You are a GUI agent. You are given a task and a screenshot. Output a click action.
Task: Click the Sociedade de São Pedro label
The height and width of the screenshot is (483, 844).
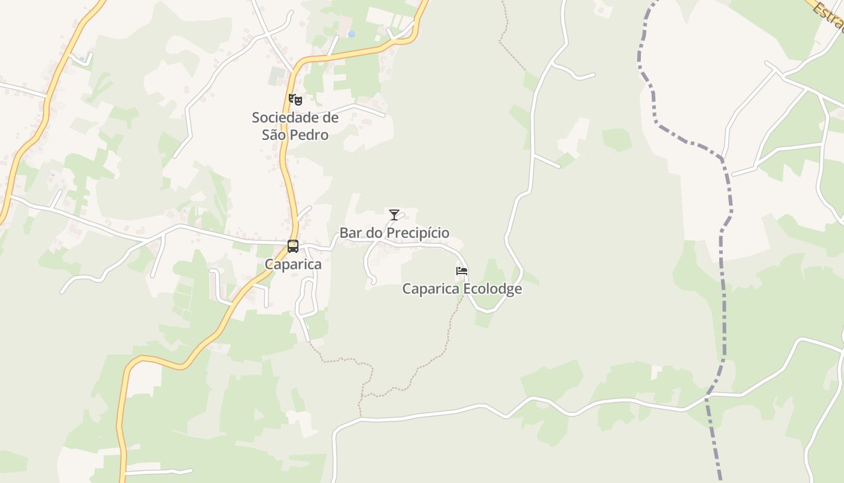point(295,126)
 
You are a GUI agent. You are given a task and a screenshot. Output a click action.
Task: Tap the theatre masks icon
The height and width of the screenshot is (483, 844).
point(295,100)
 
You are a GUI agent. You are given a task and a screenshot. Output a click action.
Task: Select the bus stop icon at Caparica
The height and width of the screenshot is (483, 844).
point(293,246)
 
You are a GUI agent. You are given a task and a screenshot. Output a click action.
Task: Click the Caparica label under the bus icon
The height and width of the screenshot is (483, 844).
point(293,264)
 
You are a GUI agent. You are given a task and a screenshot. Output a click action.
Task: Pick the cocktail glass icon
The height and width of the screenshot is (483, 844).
point(394,214)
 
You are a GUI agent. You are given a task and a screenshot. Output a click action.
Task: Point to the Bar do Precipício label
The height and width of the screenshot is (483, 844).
point(394,233)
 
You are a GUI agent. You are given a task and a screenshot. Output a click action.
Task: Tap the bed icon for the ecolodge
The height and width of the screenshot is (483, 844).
point(462,271)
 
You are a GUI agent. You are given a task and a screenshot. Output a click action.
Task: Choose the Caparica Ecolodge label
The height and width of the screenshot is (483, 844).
point(462,289)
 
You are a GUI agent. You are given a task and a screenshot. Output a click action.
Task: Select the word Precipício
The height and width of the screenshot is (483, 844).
point(418,233)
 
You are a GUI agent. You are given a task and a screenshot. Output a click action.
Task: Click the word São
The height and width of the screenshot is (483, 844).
point(274,135)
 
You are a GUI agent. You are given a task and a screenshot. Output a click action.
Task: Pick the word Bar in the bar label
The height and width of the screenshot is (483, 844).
point(350,233)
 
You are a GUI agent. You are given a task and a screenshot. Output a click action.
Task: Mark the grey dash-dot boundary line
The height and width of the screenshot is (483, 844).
point(723,302)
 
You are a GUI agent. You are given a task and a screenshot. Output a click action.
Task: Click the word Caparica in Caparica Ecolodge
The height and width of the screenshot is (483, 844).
point(430,289)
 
